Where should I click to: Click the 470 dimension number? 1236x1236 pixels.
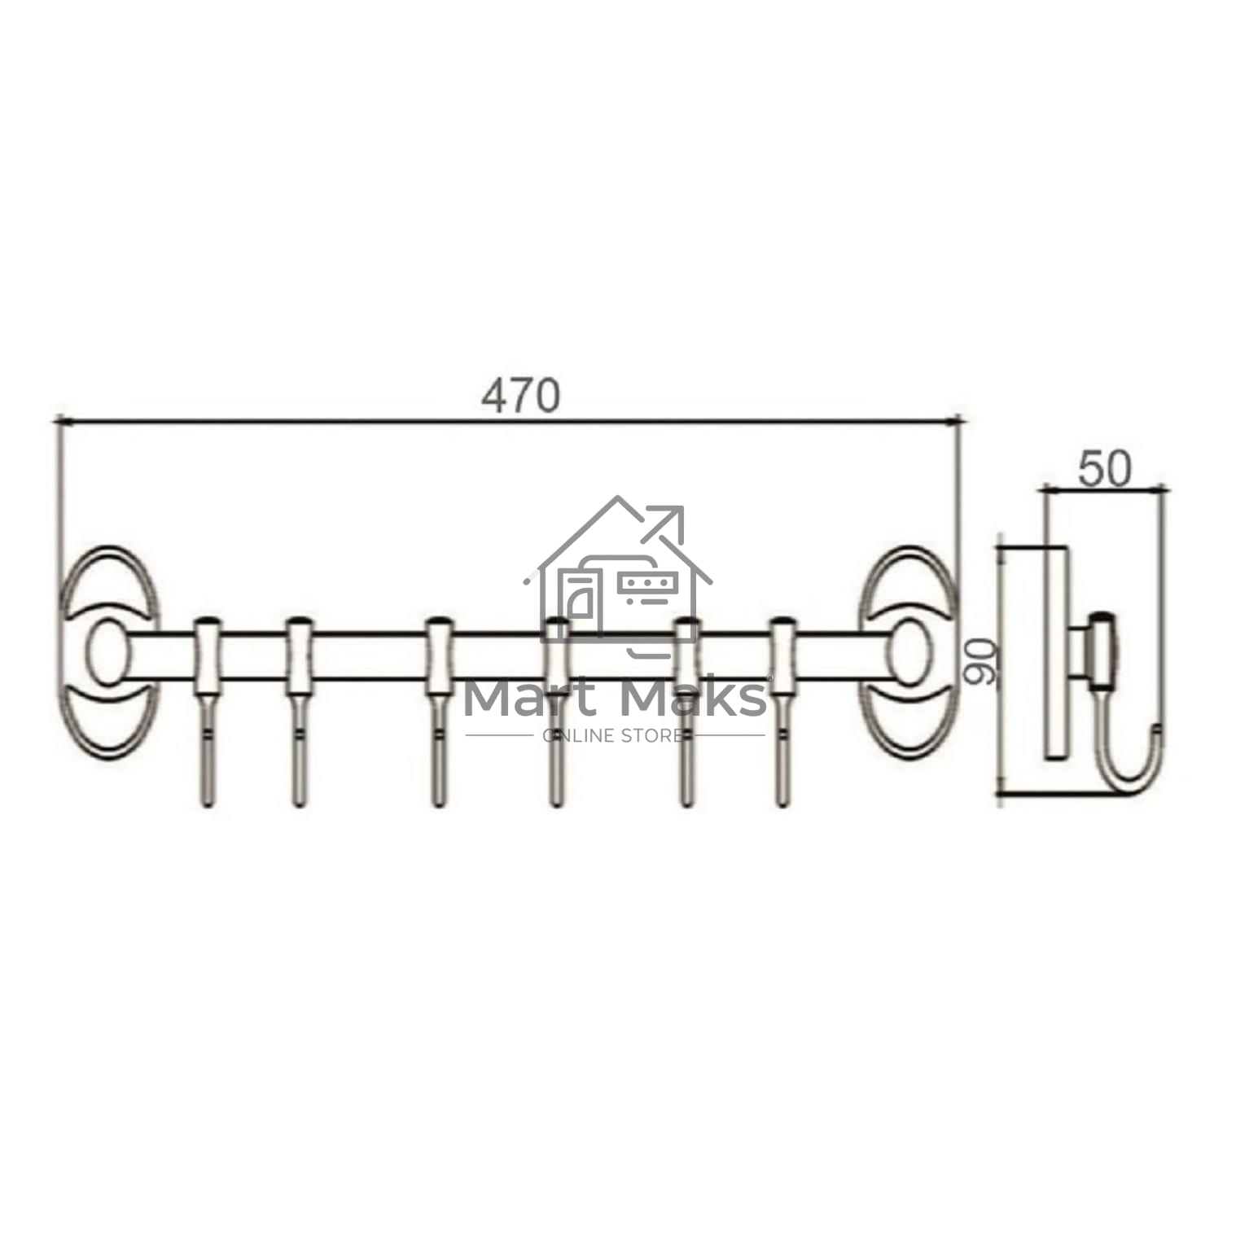tap(520, 396)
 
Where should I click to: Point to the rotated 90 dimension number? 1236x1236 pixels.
tap(980, 661)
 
